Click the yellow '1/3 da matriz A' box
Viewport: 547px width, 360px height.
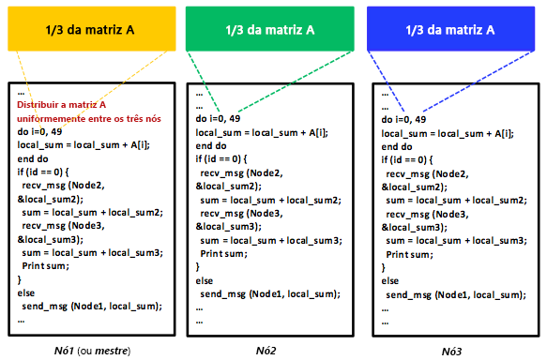(90, 30)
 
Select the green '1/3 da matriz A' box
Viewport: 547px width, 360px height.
(269, 30)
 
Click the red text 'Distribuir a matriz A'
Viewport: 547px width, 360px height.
(62, 105)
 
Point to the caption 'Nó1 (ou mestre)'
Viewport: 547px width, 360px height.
(91, 351)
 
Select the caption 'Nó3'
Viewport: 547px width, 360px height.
(452, 352)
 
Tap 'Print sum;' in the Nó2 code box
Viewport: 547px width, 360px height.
(223, 253)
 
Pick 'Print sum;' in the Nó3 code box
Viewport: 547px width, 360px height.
(409, 253)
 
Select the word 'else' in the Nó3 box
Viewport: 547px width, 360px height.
(390, 280)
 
